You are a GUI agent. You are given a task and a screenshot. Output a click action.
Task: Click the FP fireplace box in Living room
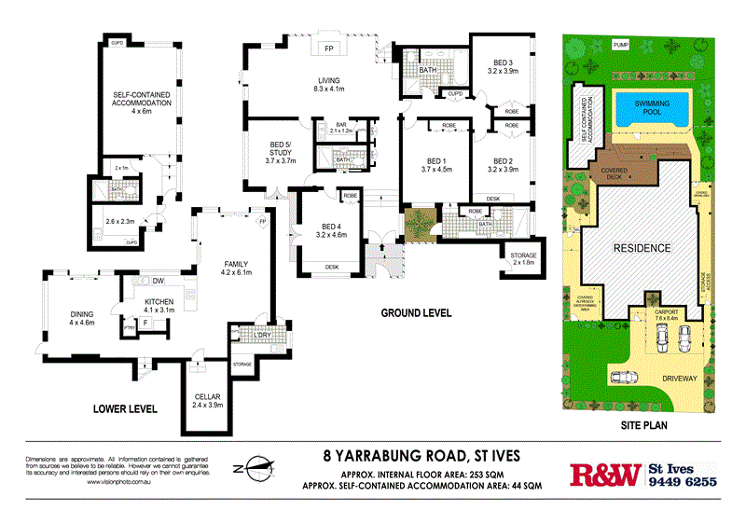328,48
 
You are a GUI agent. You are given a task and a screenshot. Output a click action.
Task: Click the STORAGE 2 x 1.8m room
517,258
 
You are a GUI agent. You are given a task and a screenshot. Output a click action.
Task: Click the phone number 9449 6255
683,482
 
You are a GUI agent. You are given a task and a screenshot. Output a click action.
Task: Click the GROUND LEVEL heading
415,313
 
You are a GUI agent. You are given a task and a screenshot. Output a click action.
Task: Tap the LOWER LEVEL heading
124,409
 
